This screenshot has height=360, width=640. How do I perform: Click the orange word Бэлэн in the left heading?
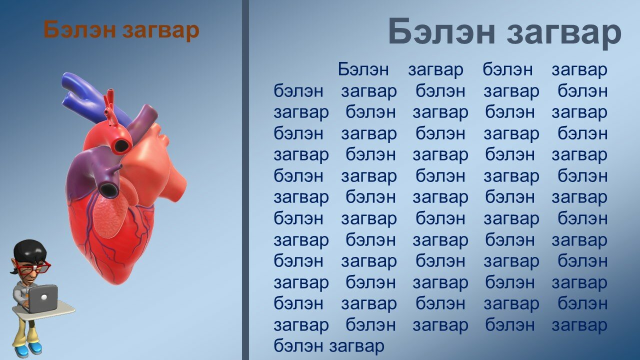[x=79, y=29]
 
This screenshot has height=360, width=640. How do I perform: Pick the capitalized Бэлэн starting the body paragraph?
[x=363, y=69]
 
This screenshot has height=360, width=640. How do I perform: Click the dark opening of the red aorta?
[x=121, y=145]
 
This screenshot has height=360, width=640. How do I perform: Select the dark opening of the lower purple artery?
[x=108, y=189]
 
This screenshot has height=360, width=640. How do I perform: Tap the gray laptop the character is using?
[x=42, y=299]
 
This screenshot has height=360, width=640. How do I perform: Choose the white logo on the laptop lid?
[x=43, y=297]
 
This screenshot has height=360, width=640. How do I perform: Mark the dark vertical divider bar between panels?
[x=245, y=180]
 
